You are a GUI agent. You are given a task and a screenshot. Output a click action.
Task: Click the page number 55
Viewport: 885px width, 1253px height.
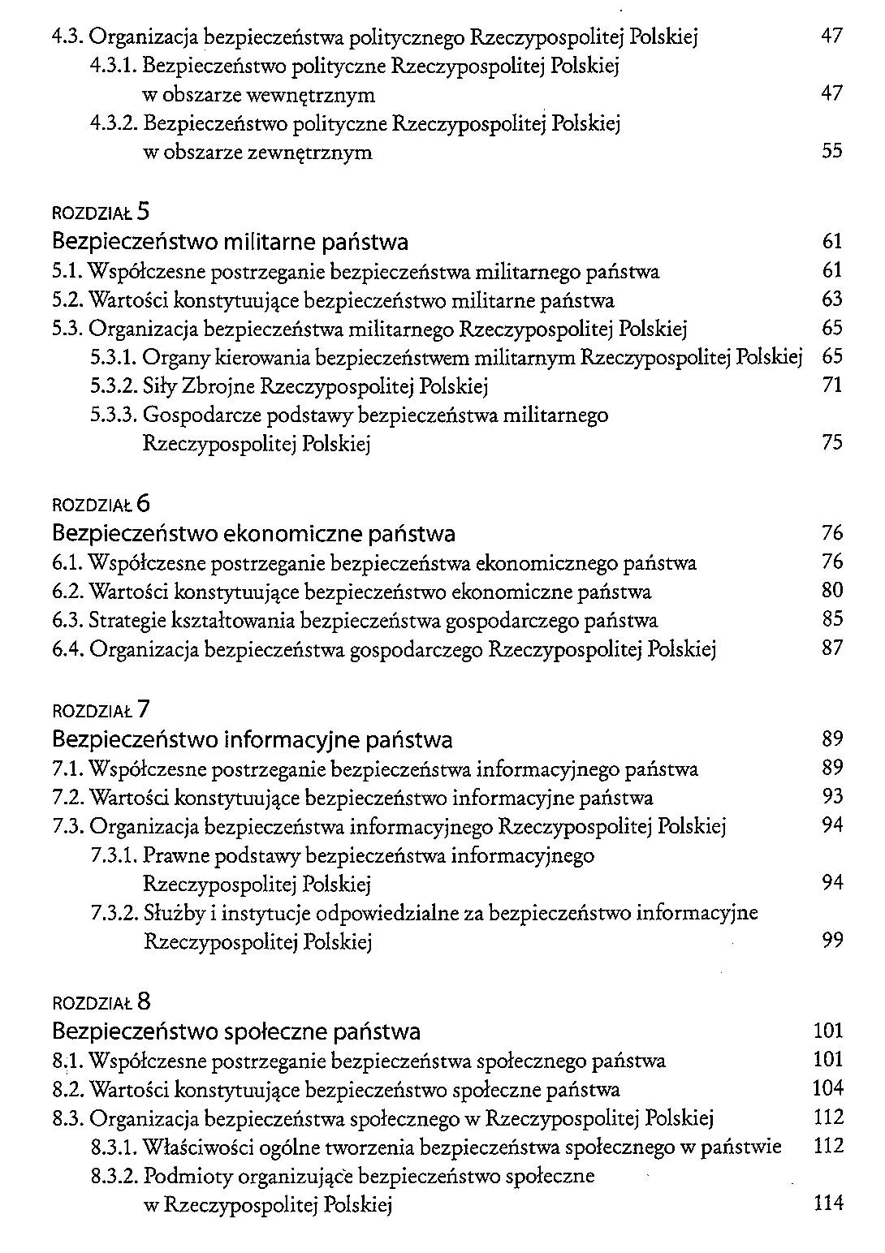click(831, 151)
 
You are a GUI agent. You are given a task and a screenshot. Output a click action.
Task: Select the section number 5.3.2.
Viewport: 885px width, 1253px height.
click(114, 386)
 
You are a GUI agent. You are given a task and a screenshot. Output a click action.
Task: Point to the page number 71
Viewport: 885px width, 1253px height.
click(832, 385)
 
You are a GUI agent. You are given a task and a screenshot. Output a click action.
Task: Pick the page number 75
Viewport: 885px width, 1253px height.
click(832, 442)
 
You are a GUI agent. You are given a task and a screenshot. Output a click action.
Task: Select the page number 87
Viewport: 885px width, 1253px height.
click(832, 648)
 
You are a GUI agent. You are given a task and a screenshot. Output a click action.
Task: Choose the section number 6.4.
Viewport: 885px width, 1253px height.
click(67, 649)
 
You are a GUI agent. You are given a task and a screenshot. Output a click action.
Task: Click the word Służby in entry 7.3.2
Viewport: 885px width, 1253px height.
click(172, 913)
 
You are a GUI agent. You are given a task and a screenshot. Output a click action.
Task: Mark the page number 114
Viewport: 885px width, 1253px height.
click(828, 1203)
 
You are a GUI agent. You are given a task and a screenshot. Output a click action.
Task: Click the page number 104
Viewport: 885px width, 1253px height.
click(828, 1088)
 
